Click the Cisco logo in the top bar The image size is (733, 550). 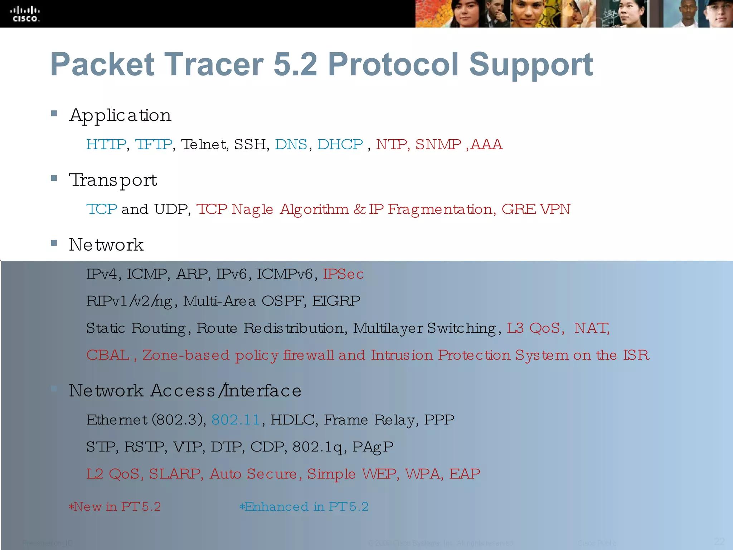click(x=25, y=14)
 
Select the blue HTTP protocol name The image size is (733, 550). click(x=106, y=144)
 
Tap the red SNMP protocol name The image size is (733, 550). click(x=438, y=144)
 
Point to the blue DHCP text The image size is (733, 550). click(x=340, y=144)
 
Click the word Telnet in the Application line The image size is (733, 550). click(x=204, y=144)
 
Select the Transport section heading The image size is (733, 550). click(x=113, y=180)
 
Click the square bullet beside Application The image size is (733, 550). click(x=54, y=114)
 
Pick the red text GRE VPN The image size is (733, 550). click(x=536, y=209)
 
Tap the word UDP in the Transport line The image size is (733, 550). click(x=171, y=209)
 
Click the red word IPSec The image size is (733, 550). click(x=343, y=274)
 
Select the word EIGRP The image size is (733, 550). click(x=336, y=301)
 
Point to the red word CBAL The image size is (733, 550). click(x=108, y=355)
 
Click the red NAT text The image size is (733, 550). click(x=592, y=328)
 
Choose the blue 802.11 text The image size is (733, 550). click(x=236, y=420)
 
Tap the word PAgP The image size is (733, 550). click(x=373, y=447)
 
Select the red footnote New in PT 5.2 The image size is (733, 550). click(x=115, y=507)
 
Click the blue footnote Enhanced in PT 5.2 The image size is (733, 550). click(x=304, y=507)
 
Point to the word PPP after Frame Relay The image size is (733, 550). click(x=439, y=420)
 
